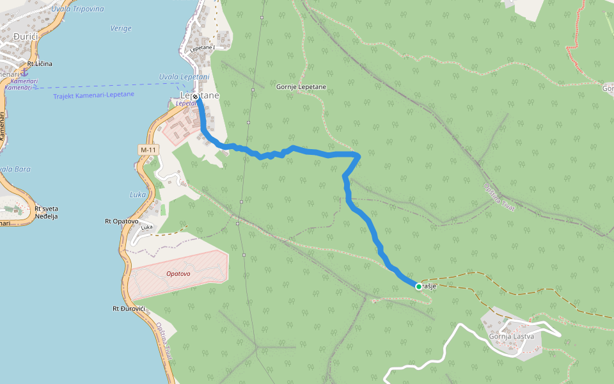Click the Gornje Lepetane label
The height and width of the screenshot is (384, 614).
(x=301, y=86)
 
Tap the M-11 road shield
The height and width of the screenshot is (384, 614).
(x=147, y=150)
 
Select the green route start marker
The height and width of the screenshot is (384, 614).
(x=419, y=287)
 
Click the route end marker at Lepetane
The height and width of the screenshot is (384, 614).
(x=195, y=97)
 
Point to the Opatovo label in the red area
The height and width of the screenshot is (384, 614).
(x=178, y=273)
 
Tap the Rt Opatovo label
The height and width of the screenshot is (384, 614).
(x=122, y=221)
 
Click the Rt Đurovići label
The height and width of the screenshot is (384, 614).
(x=129, y=309)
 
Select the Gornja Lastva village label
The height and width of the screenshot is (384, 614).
(x=511, y=337)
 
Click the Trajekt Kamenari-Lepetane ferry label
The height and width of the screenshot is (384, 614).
(x=94, y=95)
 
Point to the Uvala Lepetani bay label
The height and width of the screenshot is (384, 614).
(x=184, y=77)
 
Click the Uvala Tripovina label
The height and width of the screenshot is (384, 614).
(x=79, y=8)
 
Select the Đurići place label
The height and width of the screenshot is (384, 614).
(x=26, y=37)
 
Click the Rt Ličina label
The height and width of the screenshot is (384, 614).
(x=39, y=64)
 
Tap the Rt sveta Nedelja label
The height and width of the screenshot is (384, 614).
(x=46, y=212)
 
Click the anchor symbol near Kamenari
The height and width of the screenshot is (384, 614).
(x=24, y=72)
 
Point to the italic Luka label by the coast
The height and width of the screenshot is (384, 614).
(x=138, y=195)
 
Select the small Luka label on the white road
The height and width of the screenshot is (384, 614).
(x=146, y=227)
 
